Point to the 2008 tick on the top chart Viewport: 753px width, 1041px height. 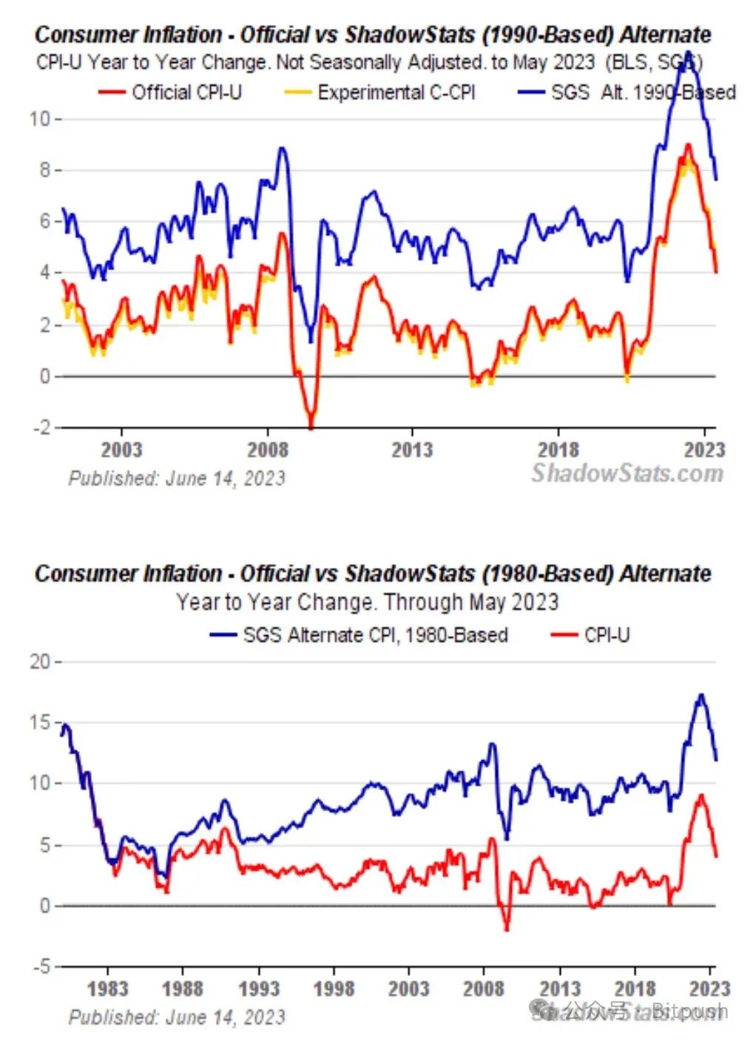point(267,449)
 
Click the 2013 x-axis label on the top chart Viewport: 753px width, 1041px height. point(411,449)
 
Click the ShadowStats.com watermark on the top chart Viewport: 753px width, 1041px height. point(627,473)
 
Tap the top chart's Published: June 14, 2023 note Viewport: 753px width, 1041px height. point(177,478)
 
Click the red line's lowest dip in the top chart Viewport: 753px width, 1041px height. point(311,427)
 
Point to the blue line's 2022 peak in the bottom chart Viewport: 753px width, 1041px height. point(700,695)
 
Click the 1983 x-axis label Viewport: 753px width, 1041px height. point(107,989)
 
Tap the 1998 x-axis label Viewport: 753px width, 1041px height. point(334,989)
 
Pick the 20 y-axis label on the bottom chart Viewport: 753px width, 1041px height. point(40,662)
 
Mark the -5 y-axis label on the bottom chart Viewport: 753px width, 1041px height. point(41,966)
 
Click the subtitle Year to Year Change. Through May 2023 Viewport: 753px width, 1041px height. point(367,602)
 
